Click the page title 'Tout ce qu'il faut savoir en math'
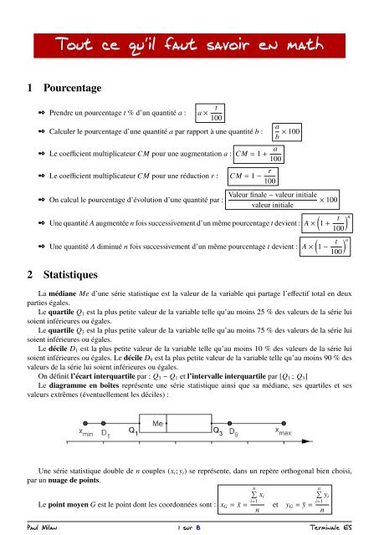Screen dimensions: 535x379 pyautogui.click(x=189, y=43)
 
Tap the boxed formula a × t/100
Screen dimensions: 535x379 pyautogui.click(x=208, y=111)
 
